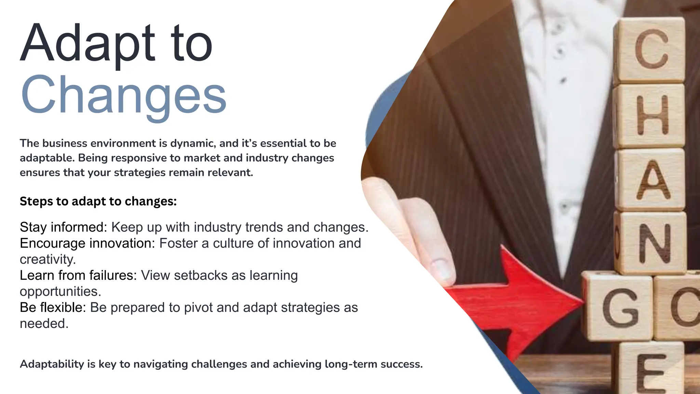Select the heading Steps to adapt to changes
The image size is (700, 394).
click(98, 201)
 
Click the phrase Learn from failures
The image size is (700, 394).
click(78, 276)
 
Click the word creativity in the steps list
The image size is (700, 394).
click(48, 260)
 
